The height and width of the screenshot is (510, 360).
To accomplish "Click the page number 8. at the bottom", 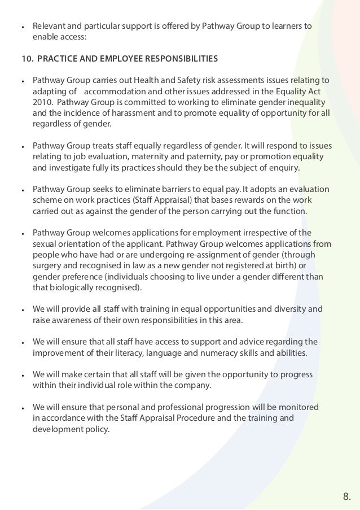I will tap(346, 496).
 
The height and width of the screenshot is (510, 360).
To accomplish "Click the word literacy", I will tap(128, 354).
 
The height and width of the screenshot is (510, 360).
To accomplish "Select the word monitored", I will tap(298, 407).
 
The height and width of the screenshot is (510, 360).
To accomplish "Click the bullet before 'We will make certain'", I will tap(21, 376).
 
